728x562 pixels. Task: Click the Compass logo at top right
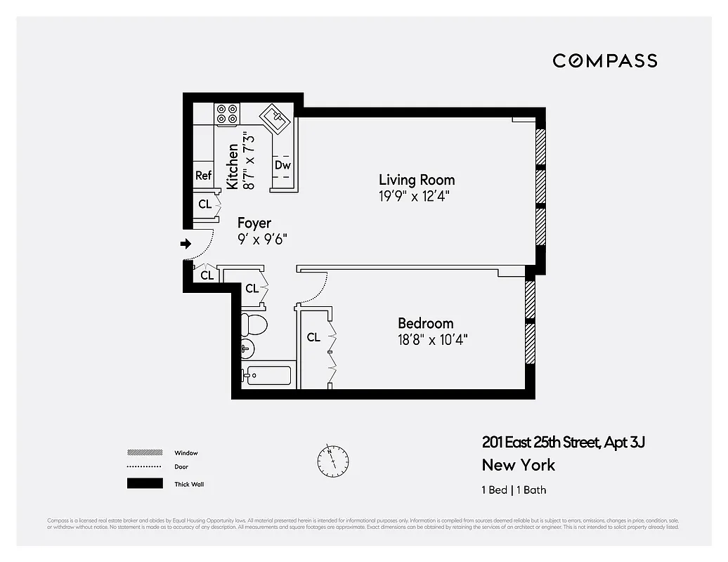coord(604,60)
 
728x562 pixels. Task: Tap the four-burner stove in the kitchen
coord(227,114)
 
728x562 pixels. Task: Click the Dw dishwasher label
coord(282,166)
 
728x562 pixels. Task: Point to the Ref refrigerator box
coord(203,176)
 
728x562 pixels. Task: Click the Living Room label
coord(417,180)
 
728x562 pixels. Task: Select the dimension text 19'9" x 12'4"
coord(414,196)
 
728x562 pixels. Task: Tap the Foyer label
coord(254,223)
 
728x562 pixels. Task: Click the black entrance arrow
coord(186,244)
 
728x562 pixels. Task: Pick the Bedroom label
coord(425,323)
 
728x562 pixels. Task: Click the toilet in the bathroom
coord(253,325)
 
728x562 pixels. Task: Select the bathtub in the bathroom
coord(266,375)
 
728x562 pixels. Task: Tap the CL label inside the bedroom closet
coord(313,338)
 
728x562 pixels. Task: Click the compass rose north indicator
coord(332,460)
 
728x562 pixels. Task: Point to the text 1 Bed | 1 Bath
coord(514,490)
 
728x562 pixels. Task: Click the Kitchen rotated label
coord(233,166)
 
